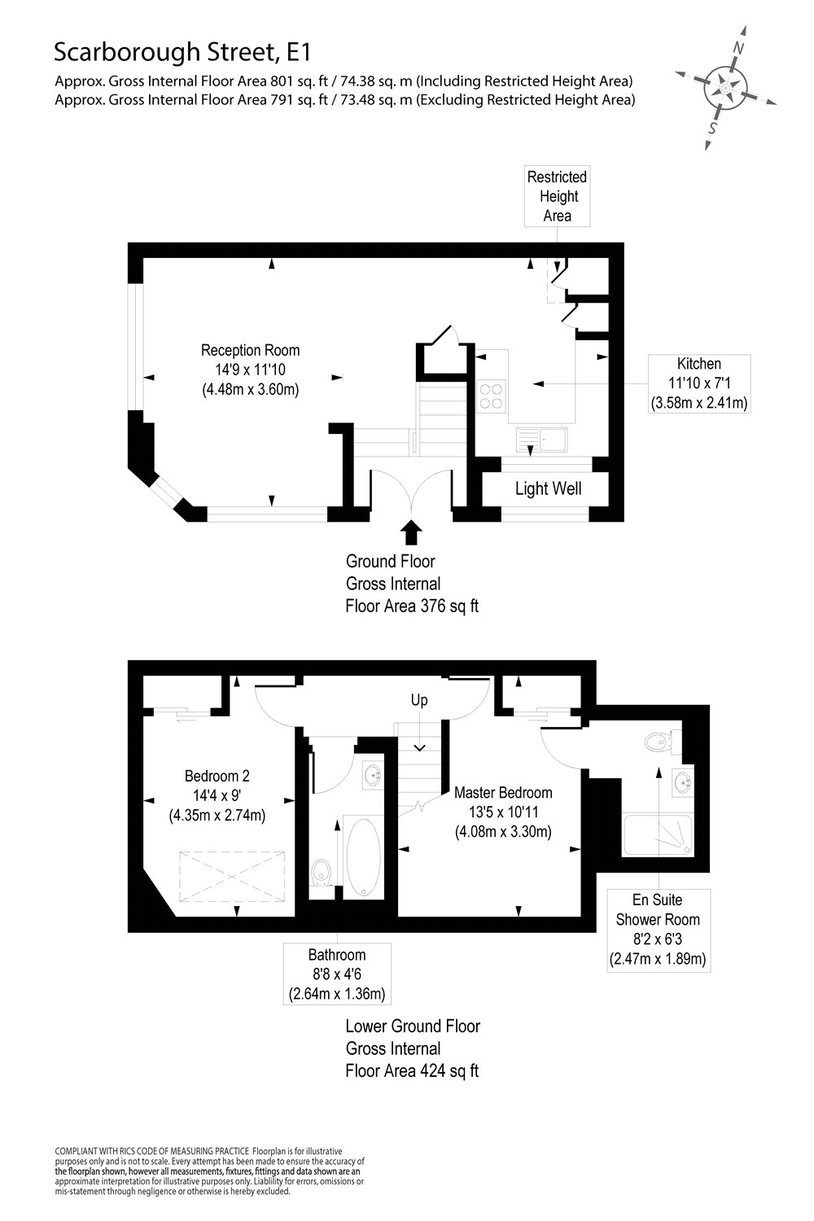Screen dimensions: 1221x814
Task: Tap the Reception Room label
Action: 250,351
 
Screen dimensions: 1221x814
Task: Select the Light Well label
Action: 548,489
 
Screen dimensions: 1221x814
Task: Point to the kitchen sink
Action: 544,440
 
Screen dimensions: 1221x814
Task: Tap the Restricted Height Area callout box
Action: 557,196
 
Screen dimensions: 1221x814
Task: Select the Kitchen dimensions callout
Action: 699,383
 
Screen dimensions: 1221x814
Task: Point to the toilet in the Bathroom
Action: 322,872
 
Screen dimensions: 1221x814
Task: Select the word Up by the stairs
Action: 418,700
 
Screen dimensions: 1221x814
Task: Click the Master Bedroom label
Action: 503,793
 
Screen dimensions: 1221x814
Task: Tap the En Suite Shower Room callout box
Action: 659,930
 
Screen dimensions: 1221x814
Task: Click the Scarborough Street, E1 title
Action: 182,54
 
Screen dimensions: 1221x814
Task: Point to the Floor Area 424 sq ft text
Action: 412,1070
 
